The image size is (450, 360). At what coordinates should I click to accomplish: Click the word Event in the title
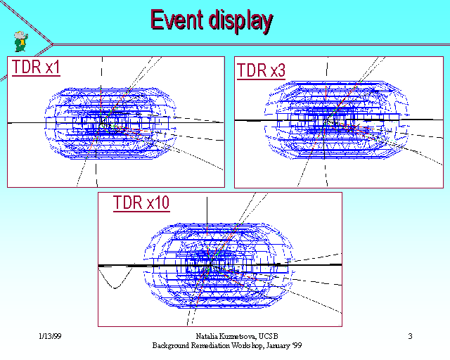(x=176, y=20)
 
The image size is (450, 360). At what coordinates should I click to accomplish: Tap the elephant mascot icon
(x=21, y=41)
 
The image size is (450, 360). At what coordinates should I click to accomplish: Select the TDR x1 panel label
(x=36, y=67)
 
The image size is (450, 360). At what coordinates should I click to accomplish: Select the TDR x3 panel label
(x=261, y=70)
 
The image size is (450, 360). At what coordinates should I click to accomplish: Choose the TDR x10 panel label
(x=141, y=202)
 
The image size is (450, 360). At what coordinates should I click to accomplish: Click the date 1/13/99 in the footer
(x=50, y=336)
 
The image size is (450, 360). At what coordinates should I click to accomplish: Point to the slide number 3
(x=410, y=336)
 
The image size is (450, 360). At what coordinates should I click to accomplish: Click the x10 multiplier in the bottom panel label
(x=158, y=202)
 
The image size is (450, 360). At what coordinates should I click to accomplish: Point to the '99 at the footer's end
(x=297, y=345)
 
